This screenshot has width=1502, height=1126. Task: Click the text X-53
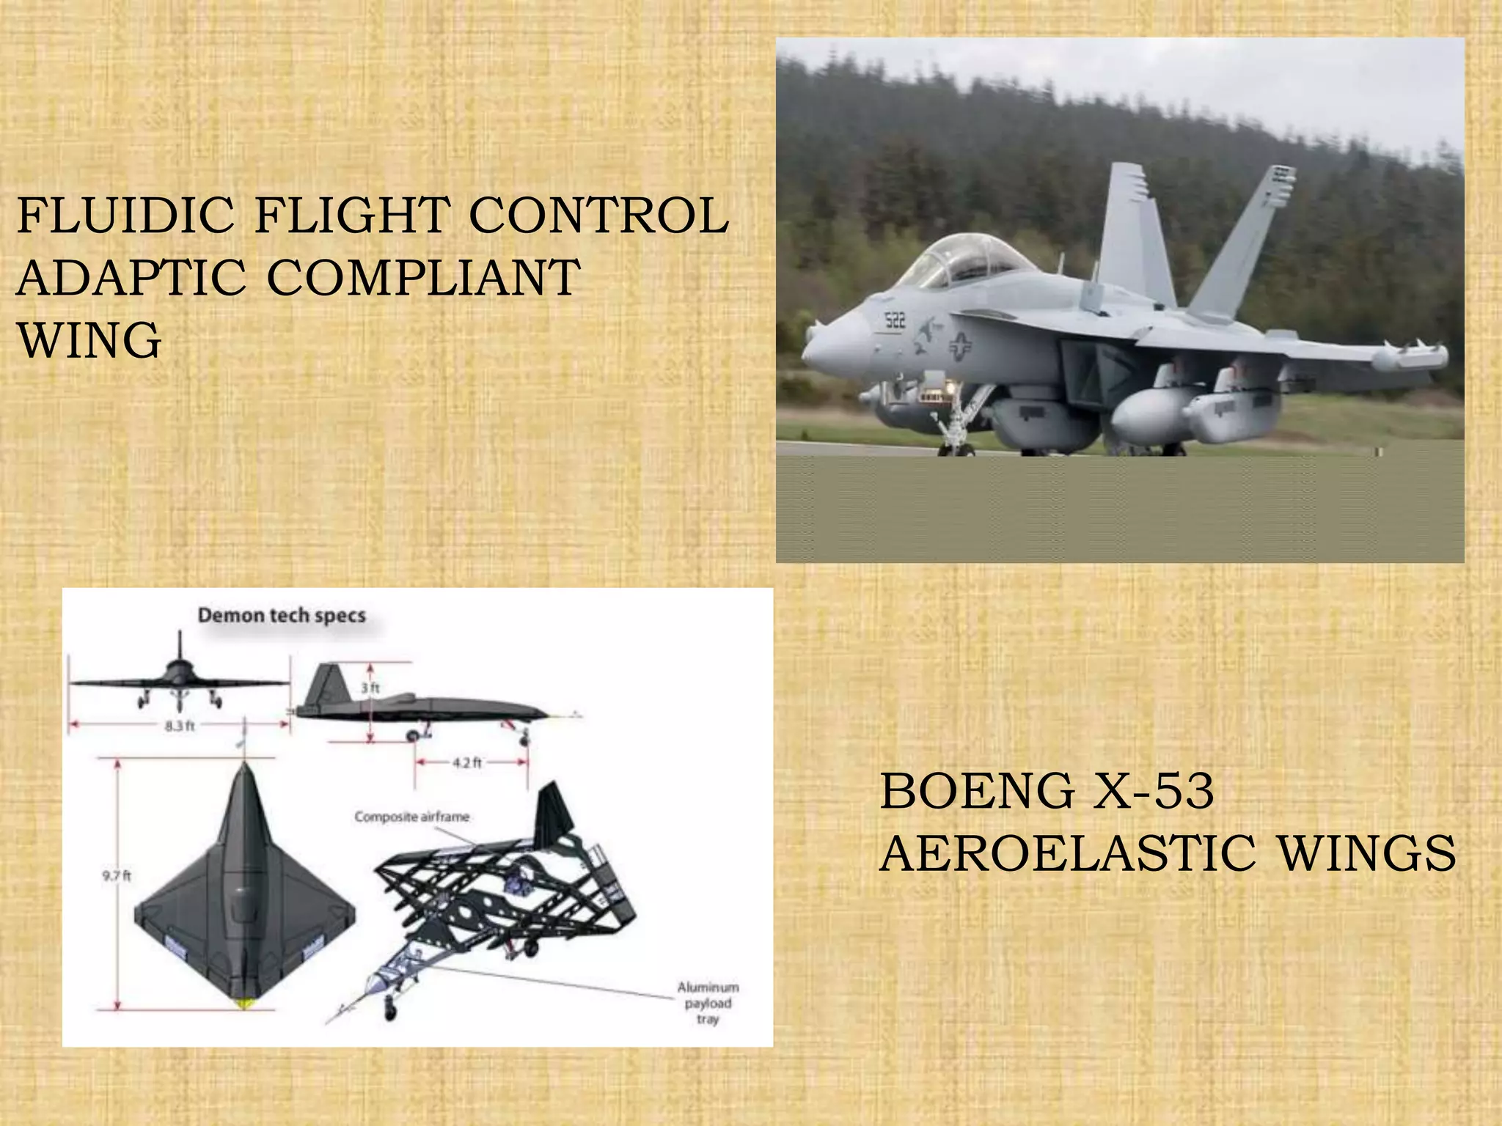1153,791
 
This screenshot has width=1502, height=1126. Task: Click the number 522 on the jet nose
895,320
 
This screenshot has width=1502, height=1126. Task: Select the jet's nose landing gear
953,425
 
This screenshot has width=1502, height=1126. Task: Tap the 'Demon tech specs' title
282,615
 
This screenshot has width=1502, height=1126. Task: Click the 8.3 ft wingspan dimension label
180,726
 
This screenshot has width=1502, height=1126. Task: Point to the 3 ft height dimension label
371,688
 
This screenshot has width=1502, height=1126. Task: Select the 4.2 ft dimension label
467,762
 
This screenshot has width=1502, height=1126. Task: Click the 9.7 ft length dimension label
116,875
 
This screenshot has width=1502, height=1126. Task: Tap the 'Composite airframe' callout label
411,817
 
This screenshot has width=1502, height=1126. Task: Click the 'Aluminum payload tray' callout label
708,1003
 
